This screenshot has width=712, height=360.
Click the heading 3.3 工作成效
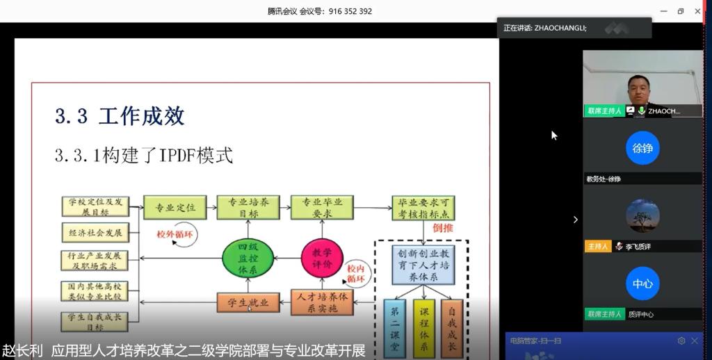(120, 115)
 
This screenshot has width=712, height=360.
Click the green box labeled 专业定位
(175, 208)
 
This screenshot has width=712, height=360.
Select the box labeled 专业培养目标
(248, 208)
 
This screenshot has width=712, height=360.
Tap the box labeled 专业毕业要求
(322, 208)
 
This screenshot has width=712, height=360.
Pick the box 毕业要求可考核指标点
(423, 208)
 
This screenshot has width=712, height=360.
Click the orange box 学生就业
(248, 302)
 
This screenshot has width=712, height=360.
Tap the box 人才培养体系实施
(322, 302)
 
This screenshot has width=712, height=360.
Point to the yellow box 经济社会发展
(96, 232)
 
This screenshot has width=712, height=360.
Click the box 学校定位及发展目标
(96, 206)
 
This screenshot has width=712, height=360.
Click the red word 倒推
(443, 227)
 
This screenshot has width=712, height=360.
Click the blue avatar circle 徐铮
(642, 148)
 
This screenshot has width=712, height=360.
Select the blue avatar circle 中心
(642, 284)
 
